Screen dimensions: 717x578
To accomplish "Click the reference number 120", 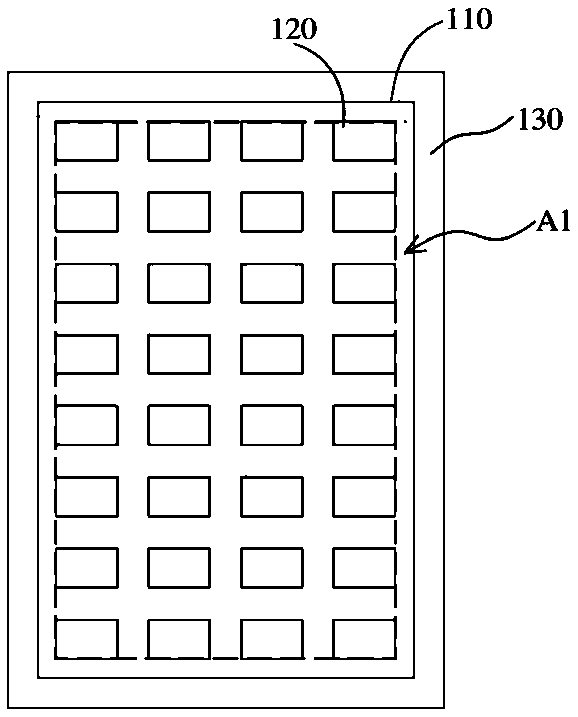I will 295,31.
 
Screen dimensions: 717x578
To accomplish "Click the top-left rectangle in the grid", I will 87,141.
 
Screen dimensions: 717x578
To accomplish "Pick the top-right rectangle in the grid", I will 364,141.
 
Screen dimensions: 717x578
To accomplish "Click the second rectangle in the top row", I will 179,141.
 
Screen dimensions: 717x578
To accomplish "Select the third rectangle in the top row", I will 272,141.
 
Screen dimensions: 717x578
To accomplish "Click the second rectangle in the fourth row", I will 179,354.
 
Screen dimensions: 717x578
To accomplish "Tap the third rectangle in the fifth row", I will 272,425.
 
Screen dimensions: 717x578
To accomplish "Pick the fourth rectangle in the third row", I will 364,283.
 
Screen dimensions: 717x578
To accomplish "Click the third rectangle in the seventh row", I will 272,567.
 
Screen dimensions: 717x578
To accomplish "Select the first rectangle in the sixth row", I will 87,496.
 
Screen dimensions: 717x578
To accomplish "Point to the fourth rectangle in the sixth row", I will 364,496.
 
